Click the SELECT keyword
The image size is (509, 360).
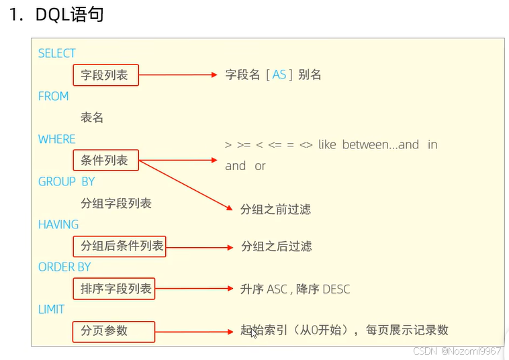click(x=56, y=53)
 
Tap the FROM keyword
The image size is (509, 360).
click(x=53, y=96)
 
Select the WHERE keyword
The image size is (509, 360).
click(x=56, y=139)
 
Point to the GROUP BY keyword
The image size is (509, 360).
click(x=66, y=181)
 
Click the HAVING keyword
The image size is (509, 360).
click(x=58, y=224)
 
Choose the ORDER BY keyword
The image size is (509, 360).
click(x=64, y=267)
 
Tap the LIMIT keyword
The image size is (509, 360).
click(x=51, y=309)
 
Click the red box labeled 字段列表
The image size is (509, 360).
click(x=105, y=75)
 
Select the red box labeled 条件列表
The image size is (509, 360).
click(x=105, y=161)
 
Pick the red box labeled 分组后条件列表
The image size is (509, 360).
click(x=118, y=246)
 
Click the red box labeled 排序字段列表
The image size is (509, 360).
click(x=113, y=289)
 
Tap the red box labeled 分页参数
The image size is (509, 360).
click(x=113, y=331)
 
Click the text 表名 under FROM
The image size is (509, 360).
click(x=92, y=118)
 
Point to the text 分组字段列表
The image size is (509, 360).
click(x=116, y=204)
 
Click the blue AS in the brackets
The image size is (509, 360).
click(x=279, y=75)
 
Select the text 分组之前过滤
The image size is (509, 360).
click(x=275, y=210)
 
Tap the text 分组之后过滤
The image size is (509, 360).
click(x=276, y=246)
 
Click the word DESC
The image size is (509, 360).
click(x=336, y=289)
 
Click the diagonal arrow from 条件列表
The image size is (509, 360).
click(x=185, y=184)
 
